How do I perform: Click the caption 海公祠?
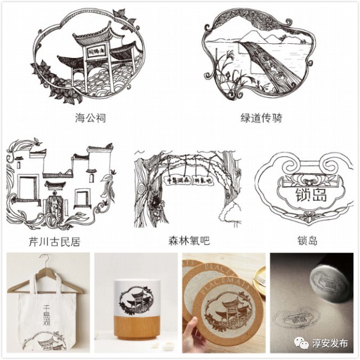tap(90, 118)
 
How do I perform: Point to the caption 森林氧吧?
tap(188, 241)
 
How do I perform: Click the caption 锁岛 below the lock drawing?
tap(307, 241)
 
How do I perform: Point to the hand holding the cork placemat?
tap(194, 337)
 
